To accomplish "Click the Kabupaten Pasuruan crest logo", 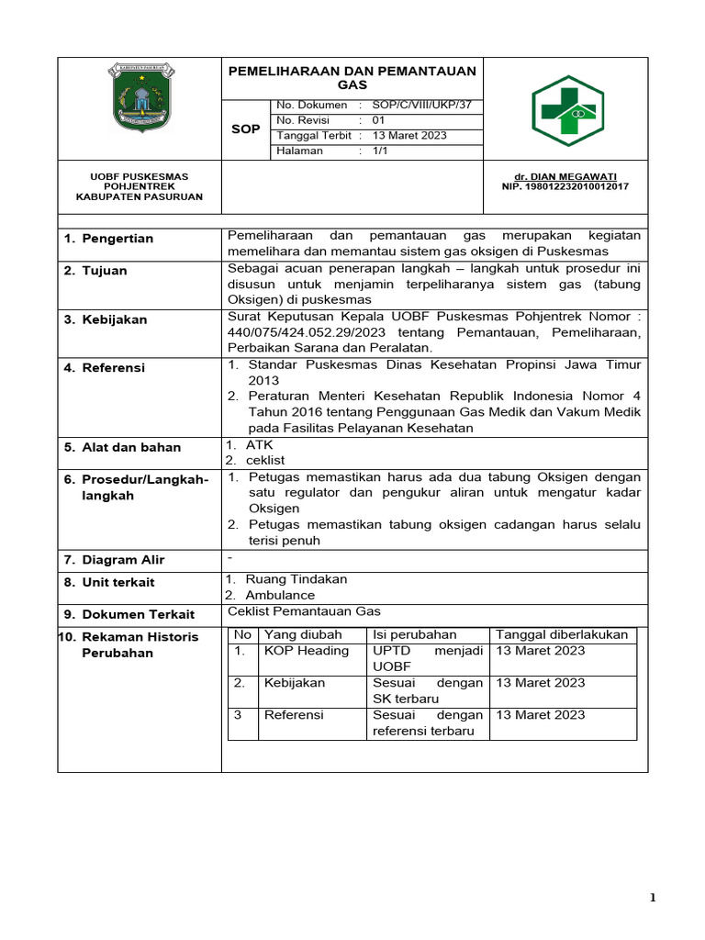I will coord(140,95).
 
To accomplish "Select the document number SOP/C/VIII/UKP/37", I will coord(422,106).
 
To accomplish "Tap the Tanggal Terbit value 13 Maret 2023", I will coord(409,135).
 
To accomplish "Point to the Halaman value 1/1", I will coord(380,151).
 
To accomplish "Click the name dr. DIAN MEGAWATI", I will coord(578,175).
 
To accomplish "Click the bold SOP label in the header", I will coord(245,129).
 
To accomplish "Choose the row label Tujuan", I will coord(105,271).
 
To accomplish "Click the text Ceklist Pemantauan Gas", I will coord(304,611).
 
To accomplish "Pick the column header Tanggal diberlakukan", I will coord(562,634).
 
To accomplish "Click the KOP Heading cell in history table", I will coord(307,650).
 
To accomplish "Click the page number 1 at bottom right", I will coord(653,899).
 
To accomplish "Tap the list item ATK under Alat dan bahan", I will coord(260,444).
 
